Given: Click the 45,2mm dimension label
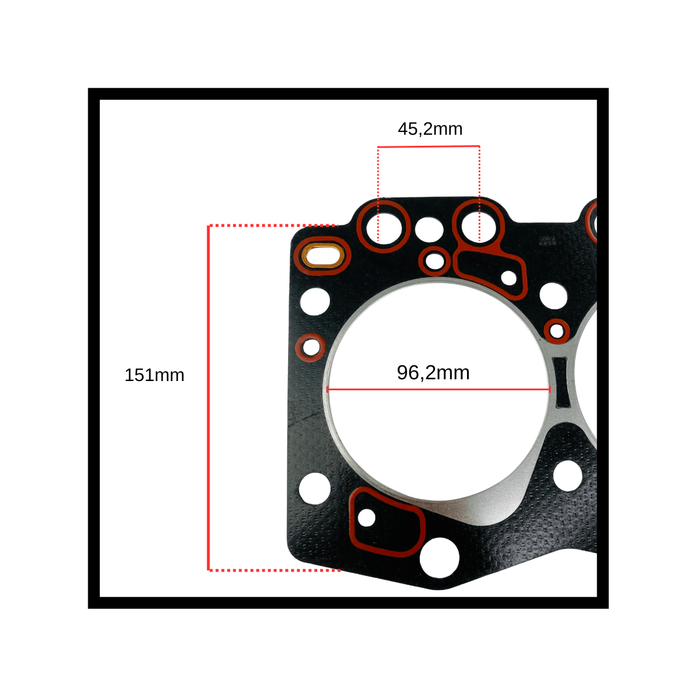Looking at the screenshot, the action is point(430,129).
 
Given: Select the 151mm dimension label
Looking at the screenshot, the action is point(155,375).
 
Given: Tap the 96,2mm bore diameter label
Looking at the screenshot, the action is point(433,372).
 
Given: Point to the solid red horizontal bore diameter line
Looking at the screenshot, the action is point(439,390).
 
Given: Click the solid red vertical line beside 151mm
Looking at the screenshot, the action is point(209,397).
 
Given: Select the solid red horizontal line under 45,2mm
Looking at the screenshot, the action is point(429,146).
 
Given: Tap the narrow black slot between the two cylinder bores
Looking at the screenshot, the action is point(561,382).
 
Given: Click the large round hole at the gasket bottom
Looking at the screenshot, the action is point(440,558).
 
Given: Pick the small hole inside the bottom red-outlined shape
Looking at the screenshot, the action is point(367,518).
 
